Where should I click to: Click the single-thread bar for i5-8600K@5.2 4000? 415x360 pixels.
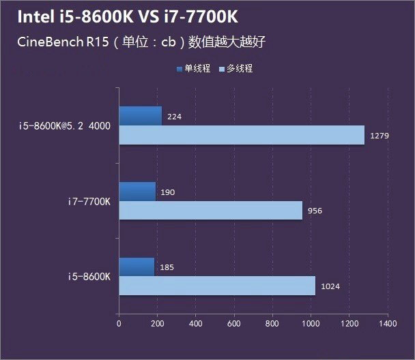pos(141,116)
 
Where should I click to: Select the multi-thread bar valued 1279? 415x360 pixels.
pos(242,135)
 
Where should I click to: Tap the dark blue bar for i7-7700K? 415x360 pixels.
pos(137,192)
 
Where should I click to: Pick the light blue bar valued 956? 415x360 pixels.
pos(210,210)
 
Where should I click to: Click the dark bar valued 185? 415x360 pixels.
pos(137,267)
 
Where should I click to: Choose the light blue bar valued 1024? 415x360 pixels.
pos(217,286)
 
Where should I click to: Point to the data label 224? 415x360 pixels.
pos(174,117)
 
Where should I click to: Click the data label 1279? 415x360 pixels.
pos(379,136)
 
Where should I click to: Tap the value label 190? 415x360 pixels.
pos(167,192)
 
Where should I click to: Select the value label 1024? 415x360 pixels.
pos(330,286)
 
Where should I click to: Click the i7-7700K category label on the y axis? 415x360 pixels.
pos(89,201)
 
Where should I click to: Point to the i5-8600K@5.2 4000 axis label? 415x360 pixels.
pos(66,125)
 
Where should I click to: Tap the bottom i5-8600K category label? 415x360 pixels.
pos(89,276)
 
